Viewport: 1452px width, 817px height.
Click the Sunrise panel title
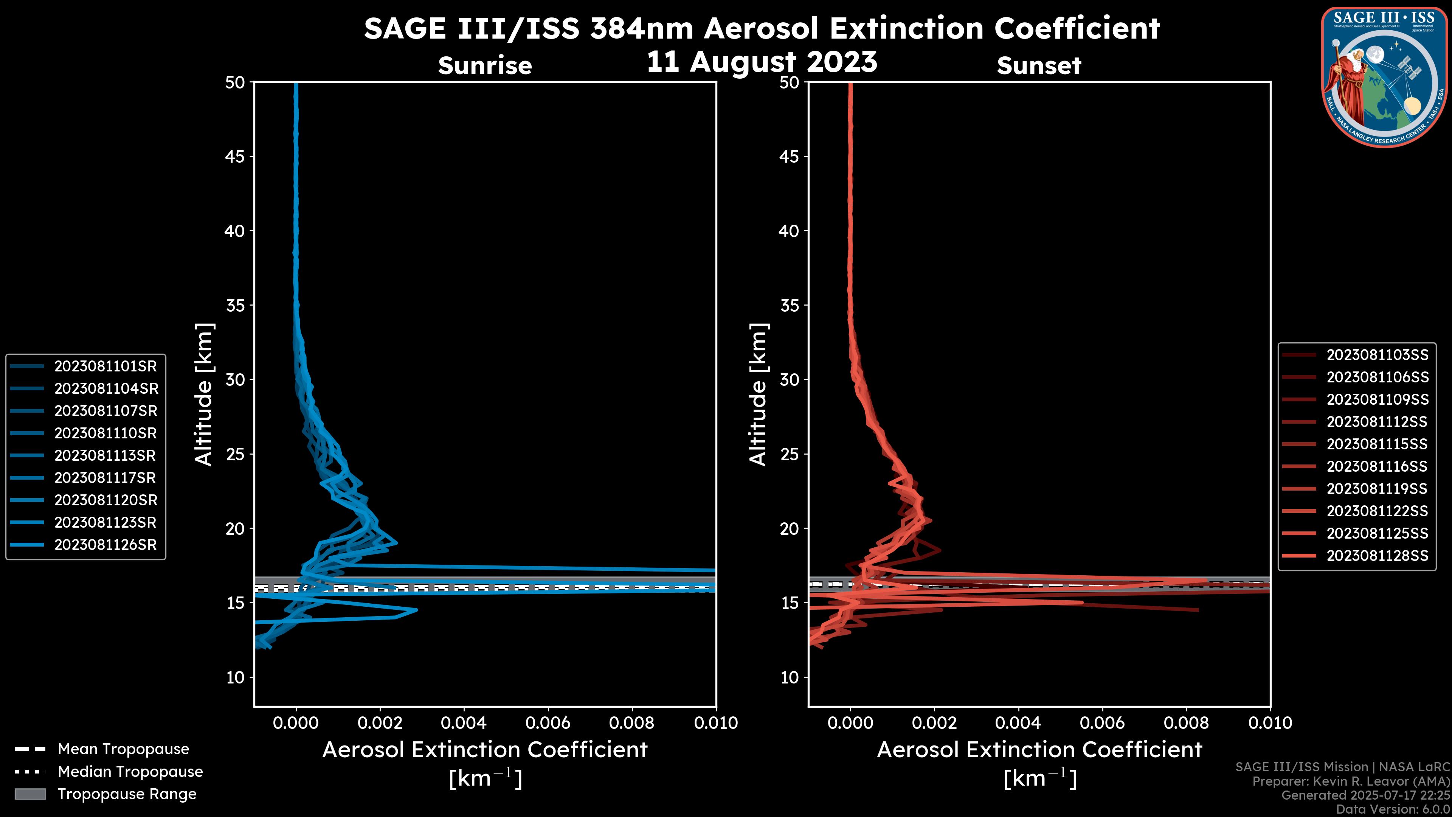pyautogui.click(x=485, y=66)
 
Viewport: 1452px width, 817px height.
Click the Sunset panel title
pyautogui.click(x=1039, y=66)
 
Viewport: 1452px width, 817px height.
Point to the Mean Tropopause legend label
pyautogui.click(x=123, y=749)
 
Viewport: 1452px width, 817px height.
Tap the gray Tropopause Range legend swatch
pyautogui.click(x=30, y=794)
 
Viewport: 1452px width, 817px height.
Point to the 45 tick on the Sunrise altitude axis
pyautogui.click(x=235, y=156)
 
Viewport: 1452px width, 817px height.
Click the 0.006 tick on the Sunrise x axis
pyautogui.click(x=548, y=723)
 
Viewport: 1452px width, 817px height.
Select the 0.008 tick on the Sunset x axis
pyautogui.click(x=1187, y=723)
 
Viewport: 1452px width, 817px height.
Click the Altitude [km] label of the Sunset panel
pyautogui.click(x=758, y=395)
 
